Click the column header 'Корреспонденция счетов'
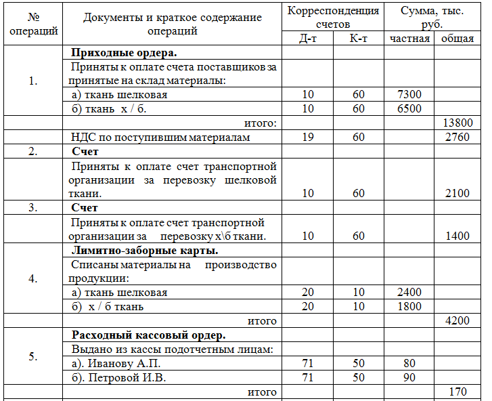[333, 17]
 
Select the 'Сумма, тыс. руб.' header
[431, 17]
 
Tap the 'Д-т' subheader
[308, 38]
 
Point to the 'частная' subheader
[409, 38]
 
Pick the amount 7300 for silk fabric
[410, 95]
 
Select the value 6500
[410, 108]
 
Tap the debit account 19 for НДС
[308, 138]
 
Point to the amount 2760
[457, 138]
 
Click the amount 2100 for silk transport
[457, 193]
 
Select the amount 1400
[457, 236]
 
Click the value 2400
[410, 293]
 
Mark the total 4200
[457, 320]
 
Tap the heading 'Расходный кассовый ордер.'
[148, 335]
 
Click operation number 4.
[33, 278]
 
